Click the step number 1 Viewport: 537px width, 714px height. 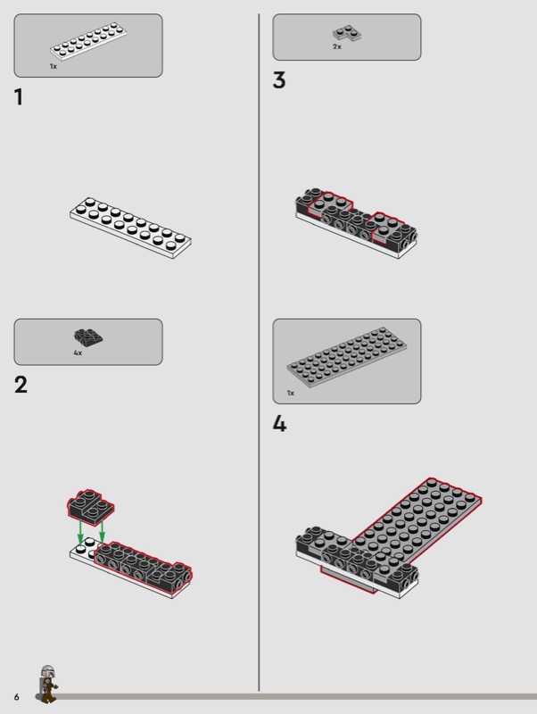click(x=19, y=97)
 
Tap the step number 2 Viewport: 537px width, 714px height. click(x=21, y=385)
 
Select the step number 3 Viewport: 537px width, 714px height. click(x=279, y=80)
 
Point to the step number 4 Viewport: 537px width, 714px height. click(x=279, y=424)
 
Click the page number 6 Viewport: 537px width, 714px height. click(x=16, y=697)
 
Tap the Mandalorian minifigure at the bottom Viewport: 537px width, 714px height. click(x=47, y=684)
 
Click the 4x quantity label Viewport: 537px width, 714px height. click(x=78, y=353)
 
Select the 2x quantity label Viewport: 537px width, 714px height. click(x=337, y=46)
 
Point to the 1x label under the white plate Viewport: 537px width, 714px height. click(x=54, y=66)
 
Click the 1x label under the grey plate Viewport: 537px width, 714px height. click(x=290, y=393)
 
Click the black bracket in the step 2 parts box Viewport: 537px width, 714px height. click(x=88, y=336)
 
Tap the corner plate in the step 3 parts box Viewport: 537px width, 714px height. click(x=347, y=33)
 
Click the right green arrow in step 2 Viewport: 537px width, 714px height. click(x=102, y=532)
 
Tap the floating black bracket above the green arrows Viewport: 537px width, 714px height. click(x=91, y=504)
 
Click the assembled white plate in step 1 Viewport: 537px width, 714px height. click(x=130, y=228)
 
